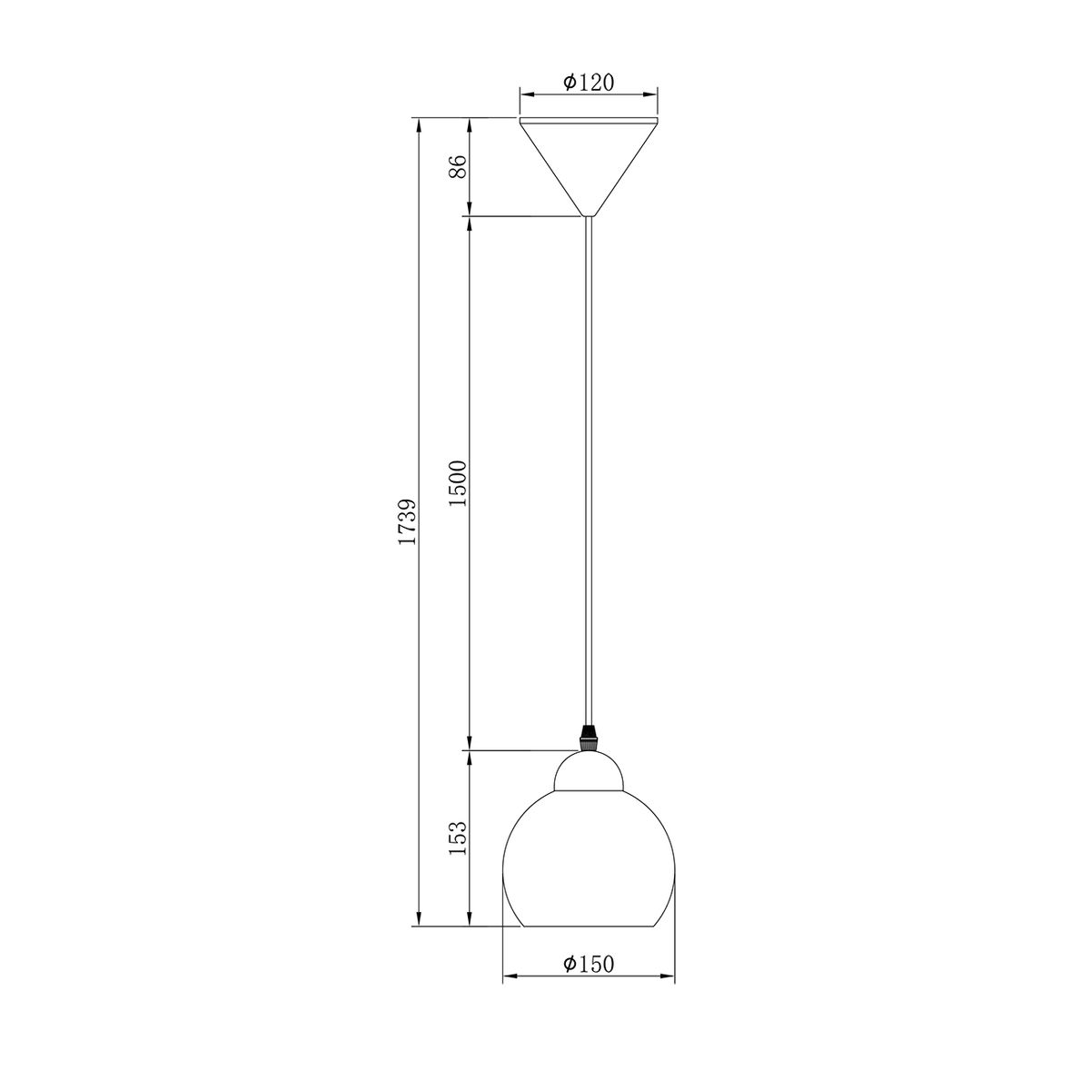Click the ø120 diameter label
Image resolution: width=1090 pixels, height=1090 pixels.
coord(589,84)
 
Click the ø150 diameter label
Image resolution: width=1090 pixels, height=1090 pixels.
coord(589,964)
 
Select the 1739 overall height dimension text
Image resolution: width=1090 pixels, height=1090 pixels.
coord(407,521)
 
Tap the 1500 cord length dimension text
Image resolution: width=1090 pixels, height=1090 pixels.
coord(458,483)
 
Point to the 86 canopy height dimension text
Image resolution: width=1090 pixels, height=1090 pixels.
coord(458,166)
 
